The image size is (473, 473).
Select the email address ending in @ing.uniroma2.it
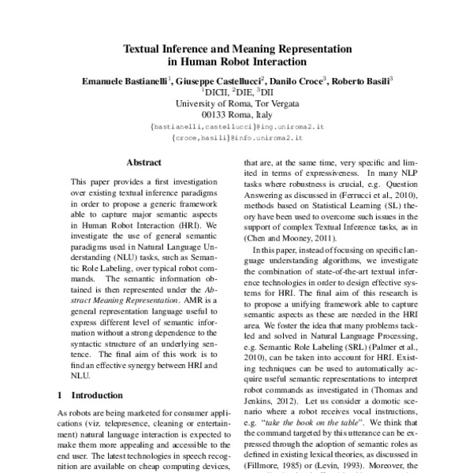click(236, 125)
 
